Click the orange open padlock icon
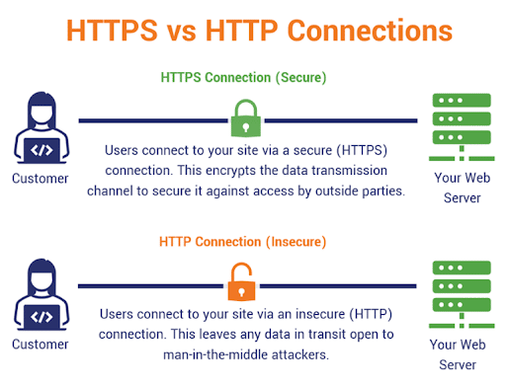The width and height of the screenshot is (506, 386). point(243,286)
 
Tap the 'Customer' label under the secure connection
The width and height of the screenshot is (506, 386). point(41,180)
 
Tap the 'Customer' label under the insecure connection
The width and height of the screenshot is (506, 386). point(41,345)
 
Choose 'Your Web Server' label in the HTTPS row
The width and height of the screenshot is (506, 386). point(459,188)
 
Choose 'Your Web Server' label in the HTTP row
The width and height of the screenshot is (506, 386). point(459,353)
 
